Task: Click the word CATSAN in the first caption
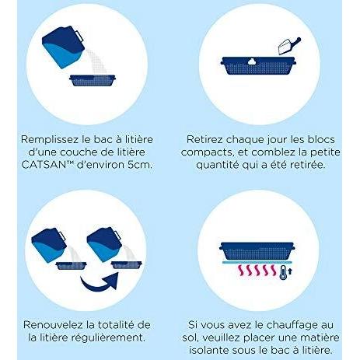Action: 44,165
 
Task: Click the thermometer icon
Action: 283,272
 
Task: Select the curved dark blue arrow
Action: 100,282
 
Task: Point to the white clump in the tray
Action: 251,61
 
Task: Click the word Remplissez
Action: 50,140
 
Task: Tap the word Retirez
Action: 204,139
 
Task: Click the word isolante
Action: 209,350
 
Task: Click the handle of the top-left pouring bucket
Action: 79,37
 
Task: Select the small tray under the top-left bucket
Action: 93,80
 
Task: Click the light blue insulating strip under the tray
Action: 257,262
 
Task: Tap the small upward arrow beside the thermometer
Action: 290,271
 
